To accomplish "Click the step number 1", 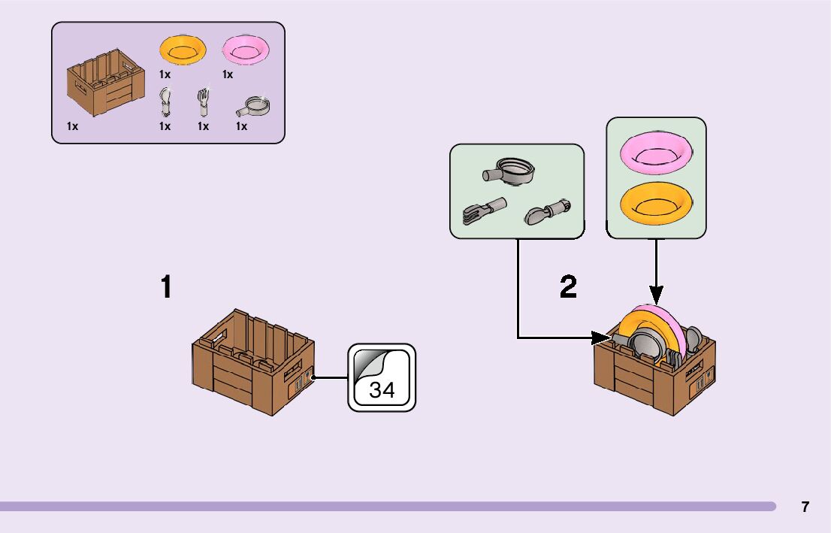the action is [x=166, y=287].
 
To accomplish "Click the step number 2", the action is [x=568, y=287].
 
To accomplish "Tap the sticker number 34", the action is [x=382, y=390].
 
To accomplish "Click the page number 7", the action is [x=805, y=507].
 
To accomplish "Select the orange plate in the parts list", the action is [x=183, y=50].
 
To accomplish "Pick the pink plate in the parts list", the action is [x=246, y=50].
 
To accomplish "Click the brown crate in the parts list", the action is [x=106, y=82].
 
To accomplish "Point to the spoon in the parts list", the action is [x=165, y=101].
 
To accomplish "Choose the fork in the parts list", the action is [x=203, y=101].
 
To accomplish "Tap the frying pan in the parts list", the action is [x=252, y=107].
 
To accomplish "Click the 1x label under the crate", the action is [x=73, y=126].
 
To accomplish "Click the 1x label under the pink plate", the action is [x=228, y=74].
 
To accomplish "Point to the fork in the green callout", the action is [x=484, y=211].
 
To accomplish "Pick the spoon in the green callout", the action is [x=548, y=212].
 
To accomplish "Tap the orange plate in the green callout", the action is [x=656, y=204].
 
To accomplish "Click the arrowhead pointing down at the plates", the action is [x=656, y=295].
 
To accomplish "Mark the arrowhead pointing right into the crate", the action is [x=601, y=338].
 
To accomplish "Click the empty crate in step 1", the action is [x=253, y=362].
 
